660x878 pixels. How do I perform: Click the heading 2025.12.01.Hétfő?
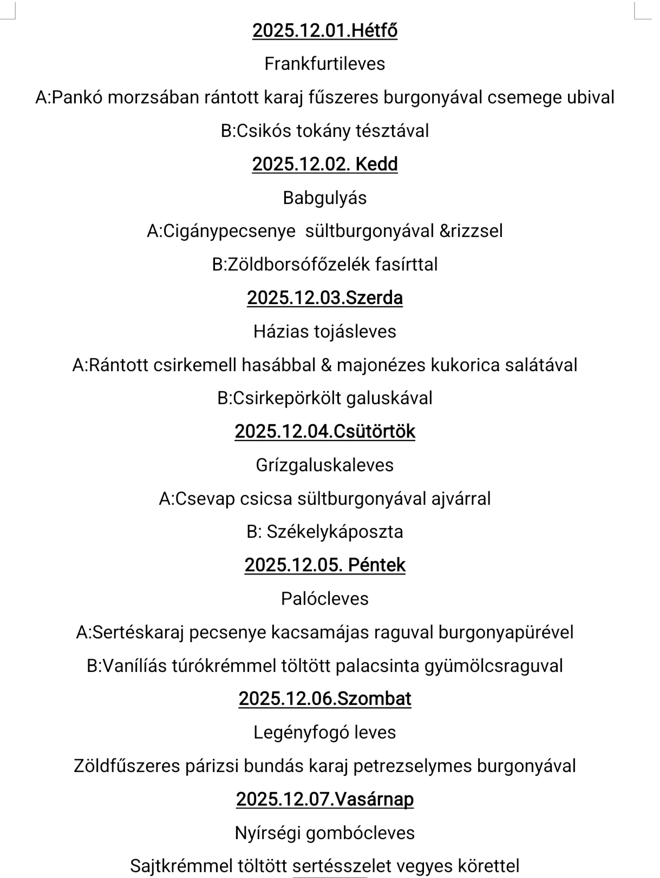point(325,30)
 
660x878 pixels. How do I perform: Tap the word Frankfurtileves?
point(325,64)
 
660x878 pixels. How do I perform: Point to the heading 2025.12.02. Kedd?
point(325,164)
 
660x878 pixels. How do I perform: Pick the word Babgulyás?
point(325,197)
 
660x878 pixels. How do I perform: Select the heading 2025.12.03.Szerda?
point(325,298)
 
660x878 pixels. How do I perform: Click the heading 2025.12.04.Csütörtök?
point(325,432)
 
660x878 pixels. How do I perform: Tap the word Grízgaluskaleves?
point(325,465)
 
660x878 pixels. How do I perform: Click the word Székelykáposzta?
point(335,532)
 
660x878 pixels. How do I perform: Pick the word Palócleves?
point(325,599)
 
